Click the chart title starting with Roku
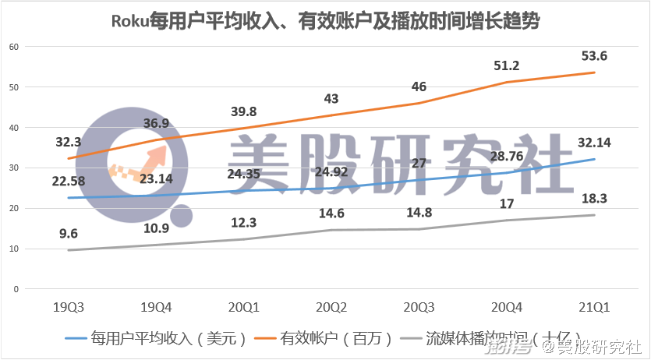tap(324, 22)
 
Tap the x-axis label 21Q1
tap(593, 305)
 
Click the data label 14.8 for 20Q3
tap(419, 213)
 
